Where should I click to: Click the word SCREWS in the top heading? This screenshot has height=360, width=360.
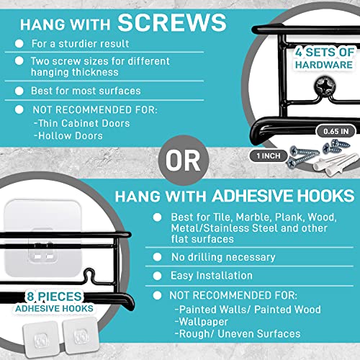[x=172, y=22]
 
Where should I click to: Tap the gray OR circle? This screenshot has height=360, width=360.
[x=184, y=161]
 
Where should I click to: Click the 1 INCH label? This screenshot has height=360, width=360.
[x=269, y=156]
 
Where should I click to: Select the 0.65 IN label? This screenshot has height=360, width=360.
[x=336, y=131]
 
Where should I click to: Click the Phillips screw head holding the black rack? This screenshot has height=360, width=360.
[x=325, y=86]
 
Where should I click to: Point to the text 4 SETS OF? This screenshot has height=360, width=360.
[x=325, y=52]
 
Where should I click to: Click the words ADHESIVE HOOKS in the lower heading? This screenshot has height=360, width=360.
[x=283, y=196]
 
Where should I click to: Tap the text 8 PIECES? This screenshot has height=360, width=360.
[x=54, y=296]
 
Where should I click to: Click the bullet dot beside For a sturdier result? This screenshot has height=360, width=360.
[x=19, y=43]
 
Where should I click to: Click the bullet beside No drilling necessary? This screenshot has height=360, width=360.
[x=157, y=257]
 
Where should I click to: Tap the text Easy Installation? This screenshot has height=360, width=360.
[x=212, y=276]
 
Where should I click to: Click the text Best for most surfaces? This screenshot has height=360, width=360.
[x=86, y=91]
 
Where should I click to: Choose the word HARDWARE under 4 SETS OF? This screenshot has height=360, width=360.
[x=324, y=65]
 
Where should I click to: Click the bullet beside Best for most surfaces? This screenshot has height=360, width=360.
[x=19, y=91]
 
